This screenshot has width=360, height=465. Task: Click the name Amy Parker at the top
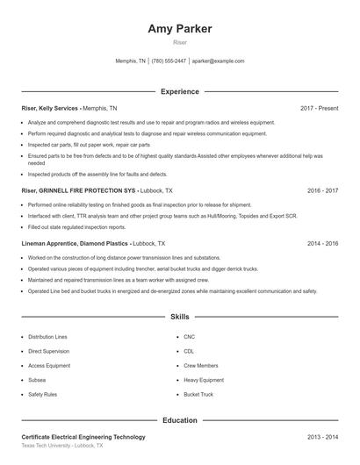180,29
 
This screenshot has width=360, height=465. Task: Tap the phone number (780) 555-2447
169,61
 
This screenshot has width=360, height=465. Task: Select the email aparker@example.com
218,61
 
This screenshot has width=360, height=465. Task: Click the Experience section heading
180,91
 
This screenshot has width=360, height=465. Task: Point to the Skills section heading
180,317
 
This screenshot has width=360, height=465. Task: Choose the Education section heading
180,420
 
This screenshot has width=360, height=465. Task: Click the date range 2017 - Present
319,108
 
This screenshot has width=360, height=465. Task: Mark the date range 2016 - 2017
322,190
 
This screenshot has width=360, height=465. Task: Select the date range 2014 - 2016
322,243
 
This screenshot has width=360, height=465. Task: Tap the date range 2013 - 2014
322,436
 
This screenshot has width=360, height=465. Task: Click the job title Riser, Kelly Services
51,108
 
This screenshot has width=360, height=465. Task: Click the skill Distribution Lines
47,337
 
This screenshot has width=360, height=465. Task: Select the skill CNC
190,337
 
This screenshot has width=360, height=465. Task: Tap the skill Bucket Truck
198,395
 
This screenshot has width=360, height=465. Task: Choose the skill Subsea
36,380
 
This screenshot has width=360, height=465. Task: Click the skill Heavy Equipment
204,380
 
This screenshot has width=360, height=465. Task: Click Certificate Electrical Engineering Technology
83,436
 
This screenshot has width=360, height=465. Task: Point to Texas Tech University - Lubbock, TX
61,446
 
